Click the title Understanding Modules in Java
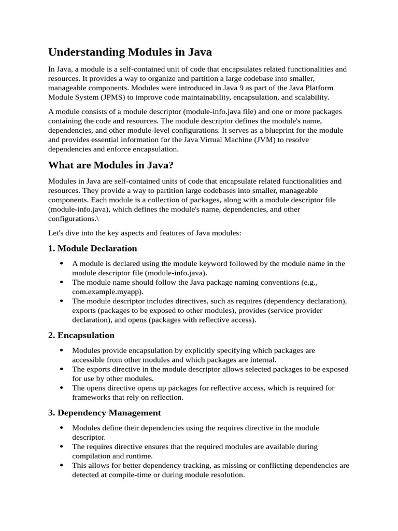click(x=130, y=52)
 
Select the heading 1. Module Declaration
click(x=93, y=248)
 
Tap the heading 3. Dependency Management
click(x=105, y=413)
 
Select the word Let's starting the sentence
click(x=56, y=233)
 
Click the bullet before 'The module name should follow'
click(x=62, y=283)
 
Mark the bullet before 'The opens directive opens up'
click(x=62, y=388)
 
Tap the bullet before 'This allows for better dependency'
click(x=62, y=466)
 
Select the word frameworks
click(x=91, y=397)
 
